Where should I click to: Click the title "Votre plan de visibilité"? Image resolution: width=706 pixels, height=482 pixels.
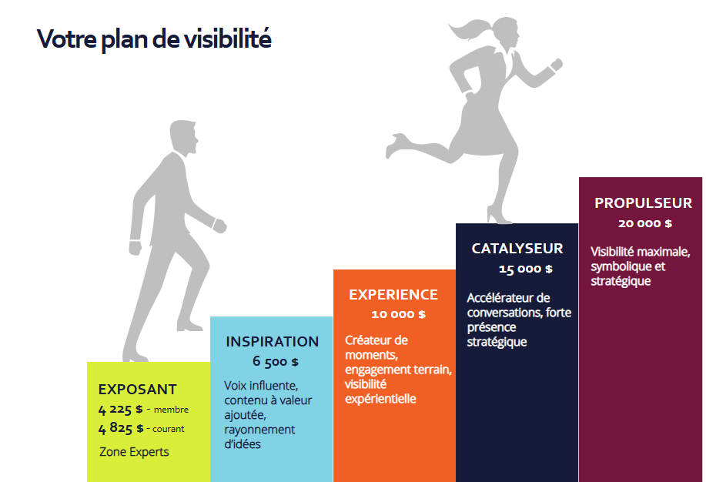(154, 38)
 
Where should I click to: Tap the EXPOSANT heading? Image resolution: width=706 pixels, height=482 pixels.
(137, 390)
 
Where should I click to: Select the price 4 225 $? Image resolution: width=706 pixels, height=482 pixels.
(121, 409)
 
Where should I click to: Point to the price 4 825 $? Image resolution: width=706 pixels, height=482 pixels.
(121, 428)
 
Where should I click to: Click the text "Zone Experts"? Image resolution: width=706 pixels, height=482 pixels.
(134, 451)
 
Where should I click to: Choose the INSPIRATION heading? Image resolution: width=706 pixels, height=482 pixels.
(272, 342)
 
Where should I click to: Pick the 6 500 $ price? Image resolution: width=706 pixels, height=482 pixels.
(275, 361)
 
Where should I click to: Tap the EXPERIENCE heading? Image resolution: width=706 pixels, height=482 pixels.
(393, 295)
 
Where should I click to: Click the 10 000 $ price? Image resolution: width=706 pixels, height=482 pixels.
(398, 314)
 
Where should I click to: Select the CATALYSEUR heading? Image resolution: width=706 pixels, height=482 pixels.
(517, 249)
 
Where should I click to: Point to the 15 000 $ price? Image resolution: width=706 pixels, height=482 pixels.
(525, 269)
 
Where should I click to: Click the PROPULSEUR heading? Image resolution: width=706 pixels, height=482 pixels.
(644, 203)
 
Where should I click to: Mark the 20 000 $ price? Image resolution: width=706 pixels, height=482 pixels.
(644, 223)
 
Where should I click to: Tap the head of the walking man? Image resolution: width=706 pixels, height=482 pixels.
(184, 138)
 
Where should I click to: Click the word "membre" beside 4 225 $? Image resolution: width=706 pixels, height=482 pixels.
(171, 410)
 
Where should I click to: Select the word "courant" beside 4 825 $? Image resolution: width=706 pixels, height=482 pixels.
(169, 429)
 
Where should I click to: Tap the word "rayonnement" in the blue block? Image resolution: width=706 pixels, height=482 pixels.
(259, 430)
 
